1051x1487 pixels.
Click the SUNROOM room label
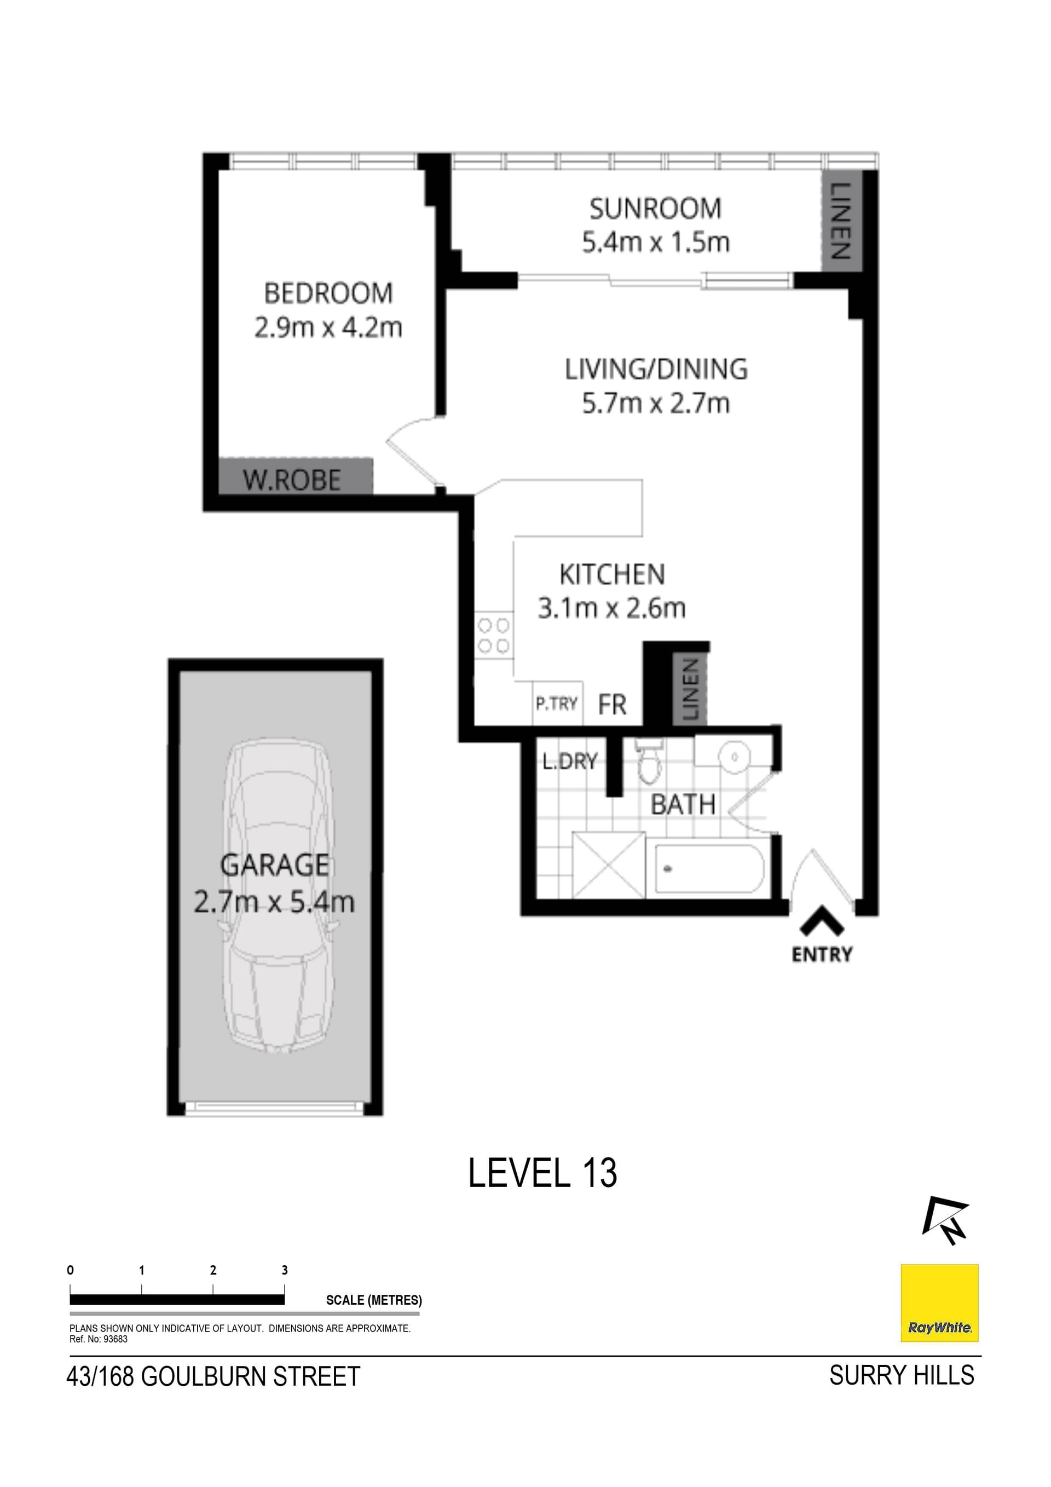655,209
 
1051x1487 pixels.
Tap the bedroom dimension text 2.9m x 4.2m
328,328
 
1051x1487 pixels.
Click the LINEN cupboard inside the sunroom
839,221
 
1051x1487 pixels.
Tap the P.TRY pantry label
556,704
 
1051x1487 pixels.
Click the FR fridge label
612,705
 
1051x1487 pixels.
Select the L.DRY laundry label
569,762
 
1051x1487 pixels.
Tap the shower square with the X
609,865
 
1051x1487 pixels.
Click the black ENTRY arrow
821,921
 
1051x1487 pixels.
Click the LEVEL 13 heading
542,1173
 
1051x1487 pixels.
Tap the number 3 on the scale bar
284,1270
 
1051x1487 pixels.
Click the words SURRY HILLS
901,1375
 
